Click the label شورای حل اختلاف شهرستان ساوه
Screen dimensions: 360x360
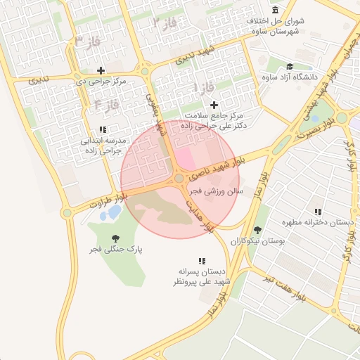click(x=276, y=27)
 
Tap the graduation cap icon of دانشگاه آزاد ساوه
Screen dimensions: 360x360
click(x=289, y=67)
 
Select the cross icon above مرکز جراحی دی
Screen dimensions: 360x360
click(x=101, y=70)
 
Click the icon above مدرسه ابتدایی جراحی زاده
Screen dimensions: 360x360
click(x=103, y=130)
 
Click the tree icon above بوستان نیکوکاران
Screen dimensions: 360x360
click(x=257, y=229)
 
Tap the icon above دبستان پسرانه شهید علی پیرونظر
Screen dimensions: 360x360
click(x=202, y=261)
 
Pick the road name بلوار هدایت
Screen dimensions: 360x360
click(x=200, y=214)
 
